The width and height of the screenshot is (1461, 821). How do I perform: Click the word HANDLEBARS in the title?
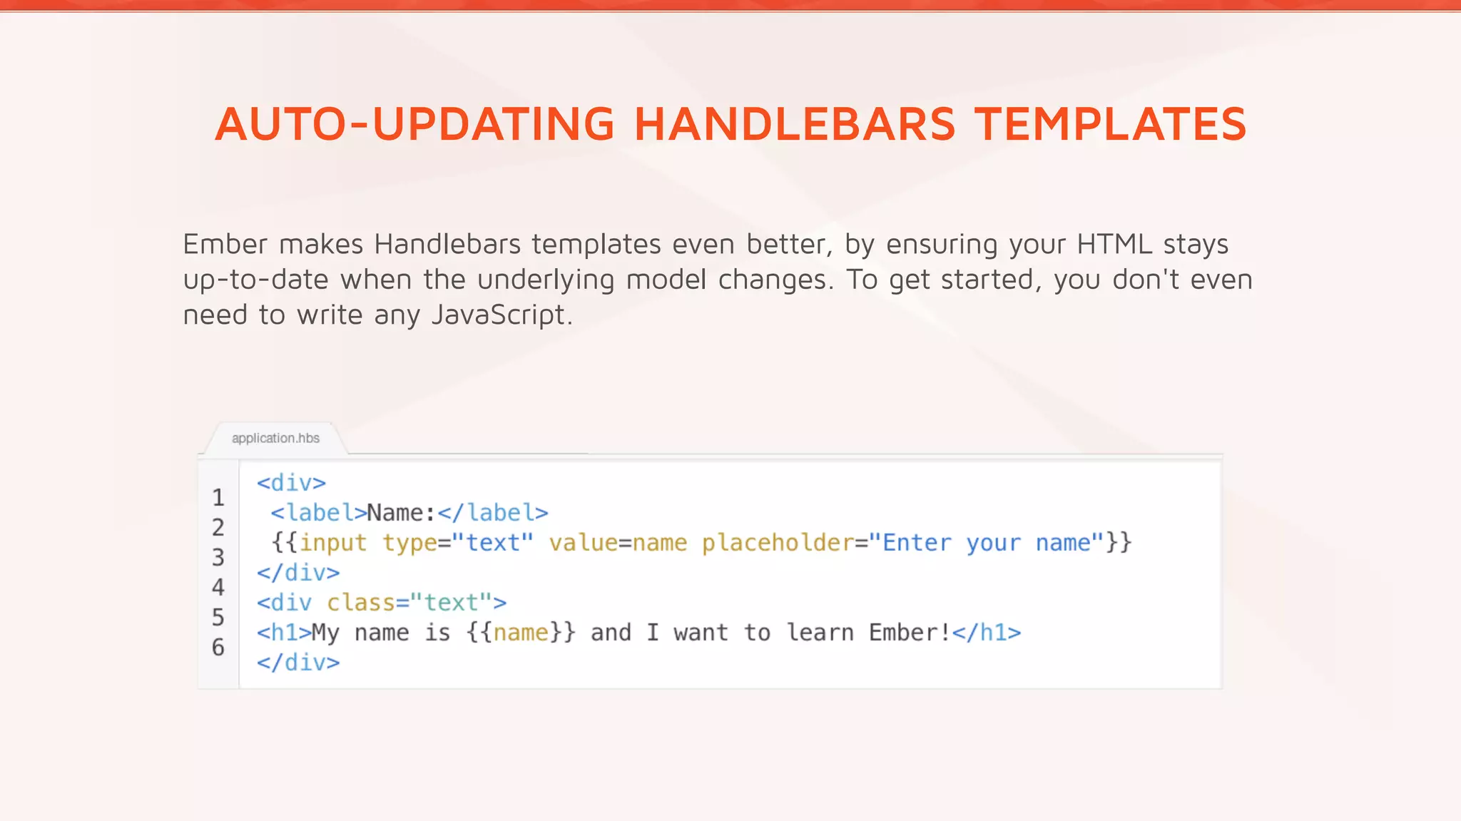794,124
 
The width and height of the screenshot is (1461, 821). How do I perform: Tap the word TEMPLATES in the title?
1110,124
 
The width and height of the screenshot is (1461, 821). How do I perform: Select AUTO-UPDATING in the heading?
414,124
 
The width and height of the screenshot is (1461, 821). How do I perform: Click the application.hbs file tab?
275,438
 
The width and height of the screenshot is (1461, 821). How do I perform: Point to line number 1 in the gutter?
218,497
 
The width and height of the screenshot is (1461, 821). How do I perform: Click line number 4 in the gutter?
218,587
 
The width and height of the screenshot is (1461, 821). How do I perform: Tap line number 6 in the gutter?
218,647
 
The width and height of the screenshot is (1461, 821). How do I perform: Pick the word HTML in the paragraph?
1114,245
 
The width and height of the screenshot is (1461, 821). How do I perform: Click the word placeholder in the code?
778,543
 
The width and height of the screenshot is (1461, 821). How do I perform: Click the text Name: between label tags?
401,513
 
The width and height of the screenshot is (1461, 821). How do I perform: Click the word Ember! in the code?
910,633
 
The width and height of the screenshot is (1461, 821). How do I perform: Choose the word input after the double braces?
332,543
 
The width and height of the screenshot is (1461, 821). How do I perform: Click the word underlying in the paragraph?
546,280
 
